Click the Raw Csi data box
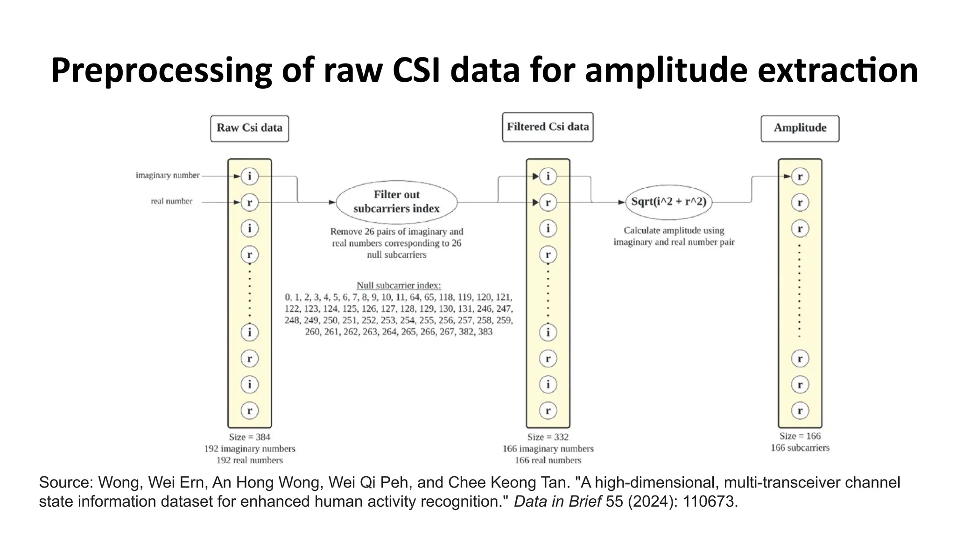[x=249, y=128]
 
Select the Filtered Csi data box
[x=548, y=127]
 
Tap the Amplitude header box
[x=800, y=128]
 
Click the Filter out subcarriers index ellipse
[x=396, y=202]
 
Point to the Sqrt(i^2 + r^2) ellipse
[x=668, y=202]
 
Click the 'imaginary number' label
[x=168, y=176]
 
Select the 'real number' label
[x=171, y=201]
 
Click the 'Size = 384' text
[x=249, y=437]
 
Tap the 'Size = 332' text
[x=548, y=437]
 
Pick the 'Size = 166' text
[x=800, y=436]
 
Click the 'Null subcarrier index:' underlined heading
[x=399, y=285]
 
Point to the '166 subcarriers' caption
[x=800, y=448]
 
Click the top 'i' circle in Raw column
[x=249, y=177]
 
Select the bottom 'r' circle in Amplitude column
[x=800, y=411]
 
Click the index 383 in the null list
[x=485, y=332]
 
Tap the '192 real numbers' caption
[x=249, y=460]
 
